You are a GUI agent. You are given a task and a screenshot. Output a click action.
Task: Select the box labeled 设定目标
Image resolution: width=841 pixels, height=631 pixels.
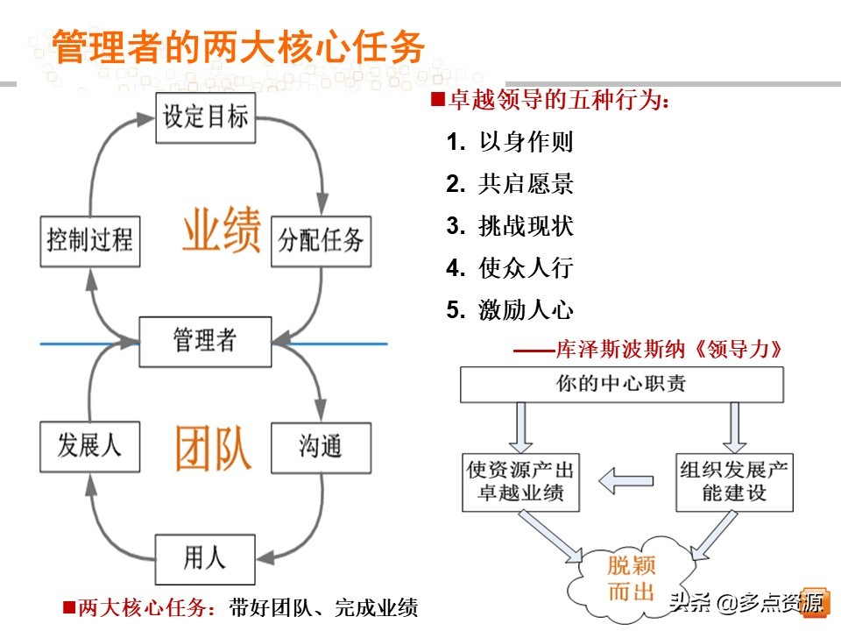[x=206, y=117]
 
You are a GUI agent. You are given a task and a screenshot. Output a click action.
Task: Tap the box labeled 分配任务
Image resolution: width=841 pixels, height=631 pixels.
[x=321, y=240]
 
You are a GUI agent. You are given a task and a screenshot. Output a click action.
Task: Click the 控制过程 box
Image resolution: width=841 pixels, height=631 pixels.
[x=89, y=239]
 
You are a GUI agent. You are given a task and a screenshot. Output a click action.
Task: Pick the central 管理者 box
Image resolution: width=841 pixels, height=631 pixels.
[x=206, y=340]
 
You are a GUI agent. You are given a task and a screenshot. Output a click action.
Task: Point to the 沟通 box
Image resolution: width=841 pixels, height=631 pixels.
[x=321, y=447]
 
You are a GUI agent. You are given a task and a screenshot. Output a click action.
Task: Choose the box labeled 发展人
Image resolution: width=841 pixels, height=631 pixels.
[x=89, y=446]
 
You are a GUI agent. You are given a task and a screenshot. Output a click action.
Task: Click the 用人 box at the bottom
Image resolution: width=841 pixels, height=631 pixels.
[x=206, y=557]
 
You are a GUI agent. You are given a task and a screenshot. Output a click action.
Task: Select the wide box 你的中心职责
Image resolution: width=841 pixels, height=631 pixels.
[x=622, y=384]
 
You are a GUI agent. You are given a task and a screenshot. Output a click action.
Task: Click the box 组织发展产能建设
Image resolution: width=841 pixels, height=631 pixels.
[x=734, y=482]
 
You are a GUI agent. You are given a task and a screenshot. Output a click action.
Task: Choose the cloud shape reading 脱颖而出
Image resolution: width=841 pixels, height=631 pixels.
[x=631, y=578]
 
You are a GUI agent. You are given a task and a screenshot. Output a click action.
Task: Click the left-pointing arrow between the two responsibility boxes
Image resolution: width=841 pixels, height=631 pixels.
[x=626, y=479]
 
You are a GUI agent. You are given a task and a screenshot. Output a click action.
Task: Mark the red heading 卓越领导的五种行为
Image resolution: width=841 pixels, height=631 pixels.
[x=559, y=101]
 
